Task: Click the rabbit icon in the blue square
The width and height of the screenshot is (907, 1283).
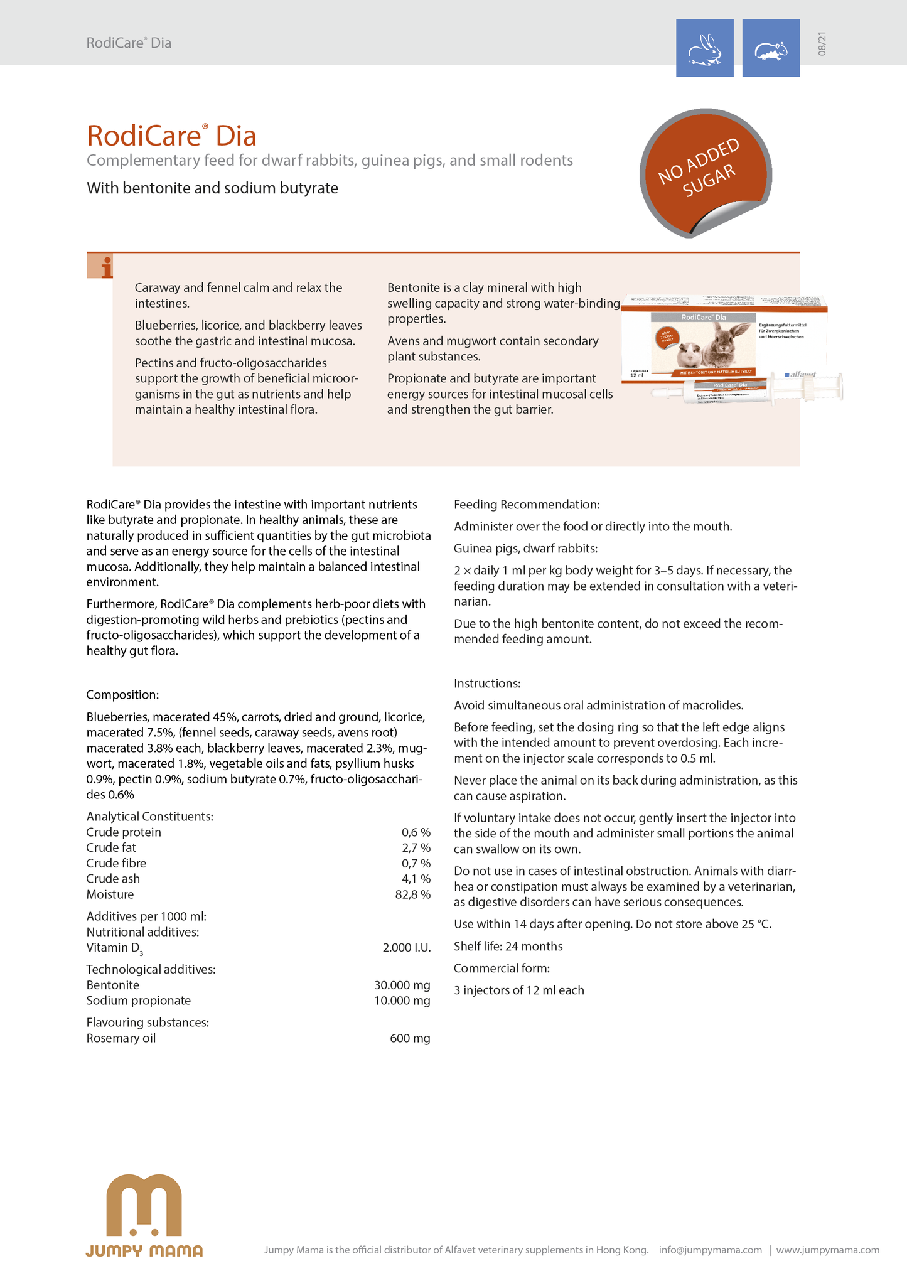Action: click(x=704, y=48)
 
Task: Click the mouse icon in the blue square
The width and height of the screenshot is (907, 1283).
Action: click(x=771, y=48)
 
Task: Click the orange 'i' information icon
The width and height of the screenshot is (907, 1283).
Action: click(x=100, y=266)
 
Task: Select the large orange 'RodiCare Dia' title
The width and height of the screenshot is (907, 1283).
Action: click(x=171, y=136)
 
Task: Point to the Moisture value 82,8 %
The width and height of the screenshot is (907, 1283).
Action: click(x=412, y=894)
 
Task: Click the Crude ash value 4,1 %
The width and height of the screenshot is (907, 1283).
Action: click(x=416, y=879)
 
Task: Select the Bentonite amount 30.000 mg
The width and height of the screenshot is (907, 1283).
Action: click(x=402, y=985)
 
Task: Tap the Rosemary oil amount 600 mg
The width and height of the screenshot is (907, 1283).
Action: click(x=410, y=1039)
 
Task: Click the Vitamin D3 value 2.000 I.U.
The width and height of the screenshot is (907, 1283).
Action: click(x=406, y=948)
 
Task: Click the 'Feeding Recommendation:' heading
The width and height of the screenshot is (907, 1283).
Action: click(x=527, y=505)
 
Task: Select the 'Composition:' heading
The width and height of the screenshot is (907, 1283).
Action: click(x=122, y=695)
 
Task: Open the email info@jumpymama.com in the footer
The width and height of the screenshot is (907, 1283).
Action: click(x=710, y=1250)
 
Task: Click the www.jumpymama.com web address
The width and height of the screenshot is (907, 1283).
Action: click(x=827, y=1250)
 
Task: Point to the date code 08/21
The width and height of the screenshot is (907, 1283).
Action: click(x=822, y=44)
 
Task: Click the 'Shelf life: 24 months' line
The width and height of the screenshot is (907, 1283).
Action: click(x=508, y=947)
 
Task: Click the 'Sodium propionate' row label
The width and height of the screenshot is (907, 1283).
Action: click(x=138, y=1001)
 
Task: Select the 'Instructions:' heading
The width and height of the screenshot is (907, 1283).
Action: click(x=487, y=684)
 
